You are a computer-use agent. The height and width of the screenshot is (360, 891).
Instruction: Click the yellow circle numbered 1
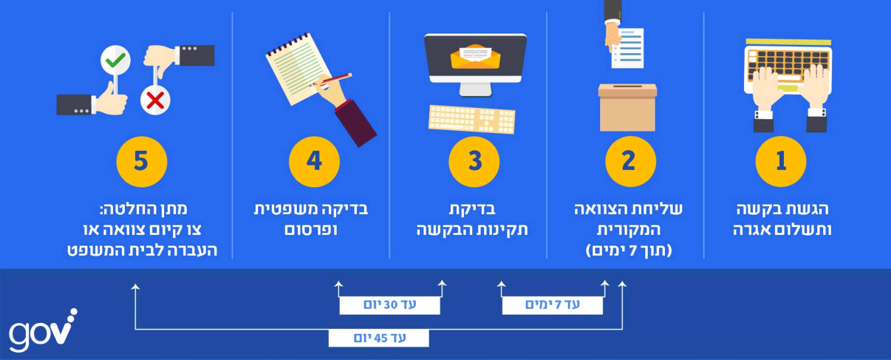click(780, 161)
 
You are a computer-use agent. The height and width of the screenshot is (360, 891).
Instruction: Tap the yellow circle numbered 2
click(630, 161)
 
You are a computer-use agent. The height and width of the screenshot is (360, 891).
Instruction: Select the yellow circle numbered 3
click(474, 161)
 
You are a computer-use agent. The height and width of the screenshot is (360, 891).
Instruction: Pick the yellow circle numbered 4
click(314, 161)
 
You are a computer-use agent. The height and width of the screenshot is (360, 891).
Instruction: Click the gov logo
click(43, 329)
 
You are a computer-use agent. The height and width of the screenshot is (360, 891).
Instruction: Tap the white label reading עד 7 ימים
click(552, 305)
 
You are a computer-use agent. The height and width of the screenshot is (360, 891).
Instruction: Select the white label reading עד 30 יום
click(389, 305)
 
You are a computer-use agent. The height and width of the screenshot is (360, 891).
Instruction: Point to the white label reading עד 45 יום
click(378, 338)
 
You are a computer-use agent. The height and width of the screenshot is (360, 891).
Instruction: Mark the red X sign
click(155, 100)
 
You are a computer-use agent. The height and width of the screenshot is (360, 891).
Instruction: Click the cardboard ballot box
click(627, 108)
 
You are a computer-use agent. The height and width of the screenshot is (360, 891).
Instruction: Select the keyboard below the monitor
click(472, 119)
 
